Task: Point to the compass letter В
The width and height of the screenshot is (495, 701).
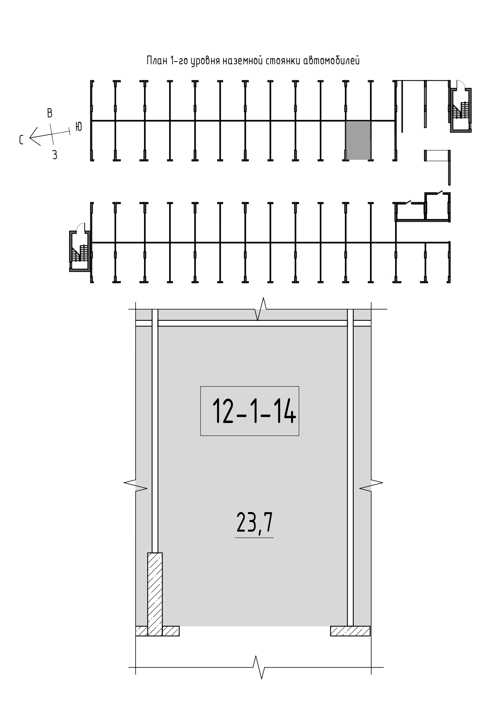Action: click(49, 113)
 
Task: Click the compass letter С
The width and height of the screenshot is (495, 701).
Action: click(22, 140)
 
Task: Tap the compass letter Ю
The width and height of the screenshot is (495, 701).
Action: click(78, 127)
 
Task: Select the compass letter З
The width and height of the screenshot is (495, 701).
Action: click(55, 155)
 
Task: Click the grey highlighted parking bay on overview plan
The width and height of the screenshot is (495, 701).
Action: click(358, 140)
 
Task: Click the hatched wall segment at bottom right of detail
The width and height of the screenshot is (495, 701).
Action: click(351, 631)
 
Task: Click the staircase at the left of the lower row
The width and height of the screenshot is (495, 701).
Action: click(80, 251)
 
